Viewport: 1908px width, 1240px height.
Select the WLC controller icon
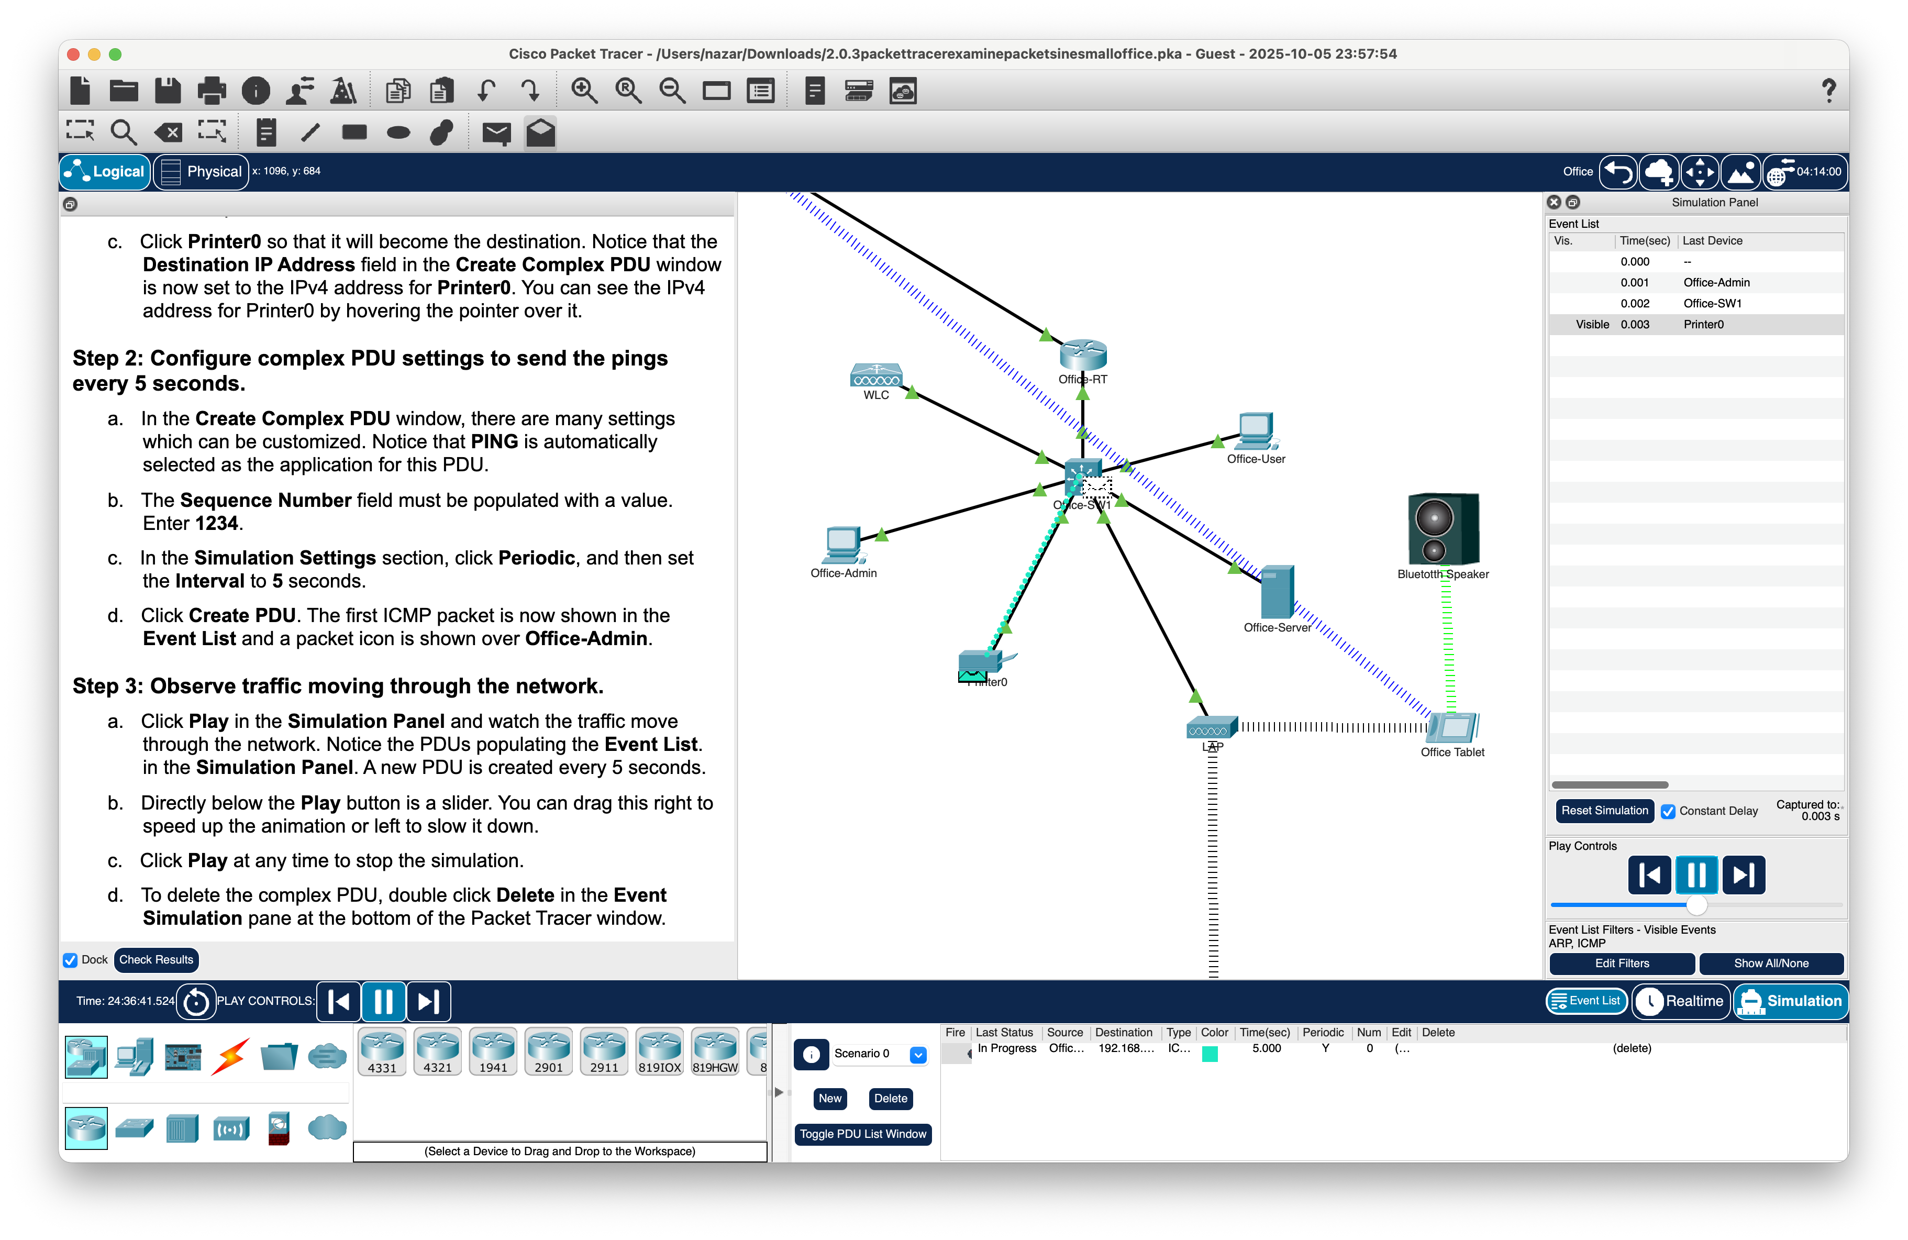(x=876, y=375)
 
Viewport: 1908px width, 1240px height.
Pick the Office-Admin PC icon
(x=842, y=545)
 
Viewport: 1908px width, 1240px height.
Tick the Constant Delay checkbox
(x=1668, y=811)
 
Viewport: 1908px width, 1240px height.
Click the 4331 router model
(x=382, y=1051)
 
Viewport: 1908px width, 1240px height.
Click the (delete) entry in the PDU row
(x=1632, y=1048)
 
